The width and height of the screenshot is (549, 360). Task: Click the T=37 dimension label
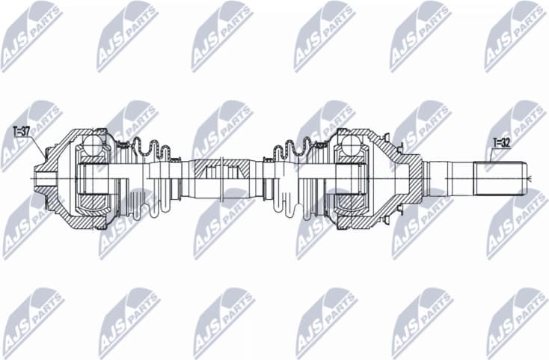coord(22,132)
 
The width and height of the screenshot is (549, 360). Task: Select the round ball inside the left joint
coord(94,144)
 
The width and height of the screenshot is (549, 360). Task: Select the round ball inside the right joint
coord(349,145)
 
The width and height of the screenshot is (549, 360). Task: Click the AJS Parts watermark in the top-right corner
coord(516,34)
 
